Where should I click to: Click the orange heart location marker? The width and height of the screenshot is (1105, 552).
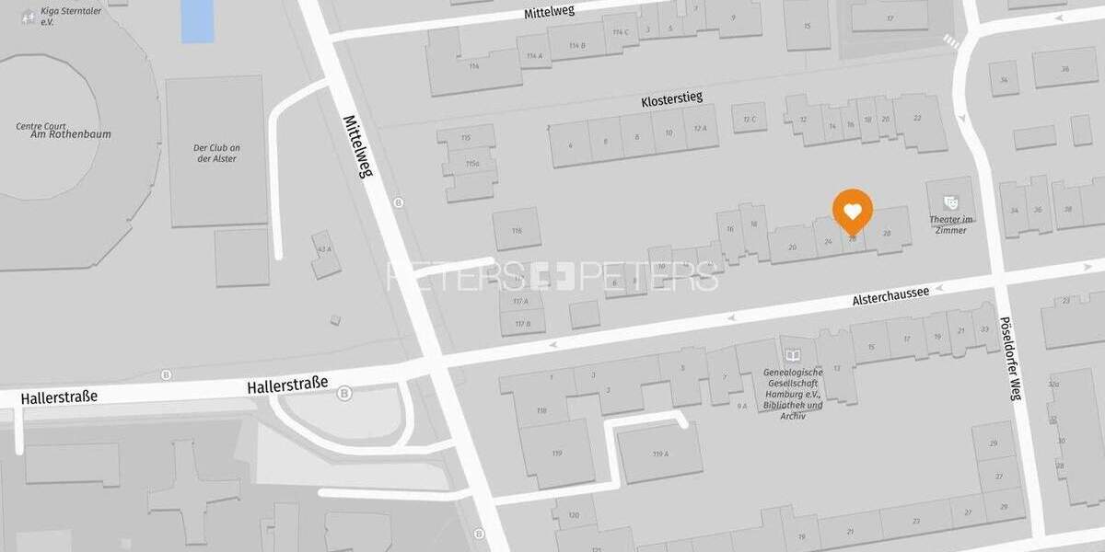point(853,213)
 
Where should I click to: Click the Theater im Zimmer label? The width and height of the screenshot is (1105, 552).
point(950,224)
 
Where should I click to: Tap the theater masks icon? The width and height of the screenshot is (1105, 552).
point(950,201)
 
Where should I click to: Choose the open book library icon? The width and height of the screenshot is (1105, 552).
point(791,355)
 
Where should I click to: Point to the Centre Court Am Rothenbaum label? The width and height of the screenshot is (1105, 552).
point(51,130)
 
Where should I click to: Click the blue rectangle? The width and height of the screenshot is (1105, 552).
point(197,20)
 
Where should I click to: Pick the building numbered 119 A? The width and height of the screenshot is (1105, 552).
point(659,454)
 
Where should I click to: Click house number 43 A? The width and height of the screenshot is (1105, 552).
point(323,249)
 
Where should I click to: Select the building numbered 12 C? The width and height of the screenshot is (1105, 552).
point(749,118)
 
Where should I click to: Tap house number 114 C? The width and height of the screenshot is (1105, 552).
point(621,32)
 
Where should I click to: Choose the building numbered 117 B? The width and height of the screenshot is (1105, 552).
point(522,323)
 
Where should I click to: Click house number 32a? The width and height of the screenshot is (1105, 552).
point(1053,385)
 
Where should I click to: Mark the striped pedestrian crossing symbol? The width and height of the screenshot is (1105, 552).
point(951,41)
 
